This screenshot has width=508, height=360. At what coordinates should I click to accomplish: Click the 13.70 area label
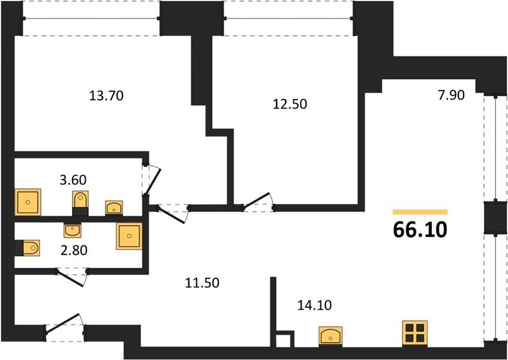[x=106, y=96]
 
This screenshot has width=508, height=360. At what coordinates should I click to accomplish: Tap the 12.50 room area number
[x=290, y=104]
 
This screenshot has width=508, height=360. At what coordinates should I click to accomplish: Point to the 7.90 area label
[x=451, y=95]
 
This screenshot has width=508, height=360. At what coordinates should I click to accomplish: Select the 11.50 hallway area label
[x=202, y=283]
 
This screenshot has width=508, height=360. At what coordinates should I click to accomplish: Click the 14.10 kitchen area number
[x=315, y=305]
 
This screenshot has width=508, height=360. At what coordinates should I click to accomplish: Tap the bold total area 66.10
[x=420, y=230]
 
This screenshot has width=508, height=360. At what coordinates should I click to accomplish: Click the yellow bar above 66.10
[x=420, y=212]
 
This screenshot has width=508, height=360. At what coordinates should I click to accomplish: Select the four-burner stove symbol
[x=414, y=334]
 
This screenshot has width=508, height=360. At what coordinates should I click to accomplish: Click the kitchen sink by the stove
[x=330, y=337]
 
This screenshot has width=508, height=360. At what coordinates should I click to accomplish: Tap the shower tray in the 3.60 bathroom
[x=28, y=202]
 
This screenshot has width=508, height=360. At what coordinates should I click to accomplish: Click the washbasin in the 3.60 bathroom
[x=114, y=208]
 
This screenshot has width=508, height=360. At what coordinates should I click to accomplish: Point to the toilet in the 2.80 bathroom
[x=27, y=248]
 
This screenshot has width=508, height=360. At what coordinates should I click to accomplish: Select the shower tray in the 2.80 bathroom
[x=130, y=236]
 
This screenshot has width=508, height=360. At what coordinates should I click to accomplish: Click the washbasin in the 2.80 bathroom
[x=72, y=230]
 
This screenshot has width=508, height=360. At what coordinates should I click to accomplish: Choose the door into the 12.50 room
[x=257, y=200]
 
